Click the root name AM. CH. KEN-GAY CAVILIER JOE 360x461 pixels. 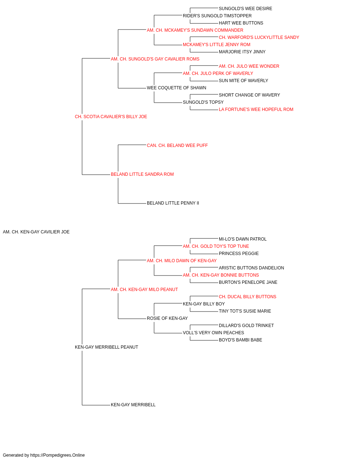point(36,232)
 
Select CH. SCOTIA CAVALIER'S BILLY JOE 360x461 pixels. point(111,117)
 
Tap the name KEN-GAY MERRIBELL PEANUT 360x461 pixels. point(107,347)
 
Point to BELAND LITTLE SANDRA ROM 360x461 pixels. point(142,174)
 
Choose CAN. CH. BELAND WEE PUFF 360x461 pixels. point(177,146)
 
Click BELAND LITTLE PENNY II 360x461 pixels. point(173,203)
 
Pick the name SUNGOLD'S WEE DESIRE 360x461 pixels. point(246,9)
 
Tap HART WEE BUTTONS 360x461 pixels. point(241,23)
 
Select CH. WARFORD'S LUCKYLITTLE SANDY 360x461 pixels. point(259,37)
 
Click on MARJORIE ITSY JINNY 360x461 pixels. point(242,52)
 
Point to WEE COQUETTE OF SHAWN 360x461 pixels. point(177,88)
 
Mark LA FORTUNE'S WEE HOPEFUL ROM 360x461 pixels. point(256,109)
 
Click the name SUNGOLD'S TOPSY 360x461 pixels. point(203,102)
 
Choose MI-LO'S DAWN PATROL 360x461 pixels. point(243,239)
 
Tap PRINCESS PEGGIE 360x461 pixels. point(239,254)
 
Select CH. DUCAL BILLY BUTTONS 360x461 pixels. point(248,297)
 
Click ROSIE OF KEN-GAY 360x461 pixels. point(167,318)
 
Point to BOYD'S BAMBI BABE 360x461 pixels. point(240,340)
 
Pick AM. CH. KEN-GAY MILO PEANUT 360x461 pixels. point(144,290)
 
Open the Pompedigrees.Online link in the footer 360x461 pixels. point(58,455)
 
